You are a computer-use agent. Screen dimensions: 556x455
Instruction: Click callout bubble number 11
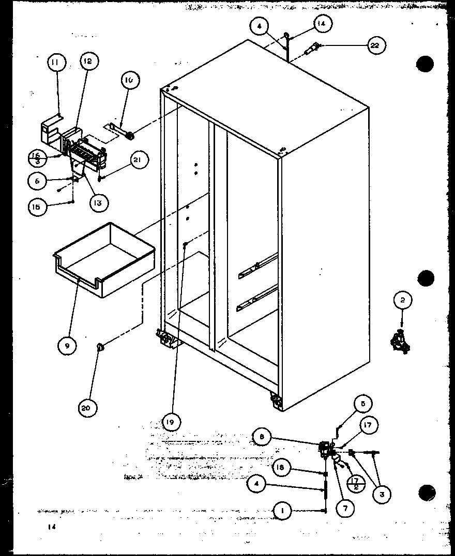point(55,63)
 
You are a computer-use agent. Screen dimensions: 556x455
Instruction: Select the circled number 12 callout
point(88,61)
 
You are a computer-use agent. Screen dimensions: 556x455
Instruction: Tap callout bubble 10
point(129,80)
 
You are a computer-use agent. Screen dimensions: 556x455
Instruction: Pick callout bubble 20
point(85,407)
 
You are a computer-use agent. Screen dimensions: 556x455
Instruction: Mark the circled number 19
point(171,422)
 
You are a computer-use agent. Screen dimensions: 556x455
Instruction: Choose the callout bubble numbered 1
point(282,511)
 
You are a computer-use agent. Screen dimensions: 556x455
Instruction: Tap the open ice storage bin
point(103,261)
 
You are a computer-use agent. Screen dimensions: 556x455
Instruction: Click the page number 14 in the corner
point(51,527)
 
